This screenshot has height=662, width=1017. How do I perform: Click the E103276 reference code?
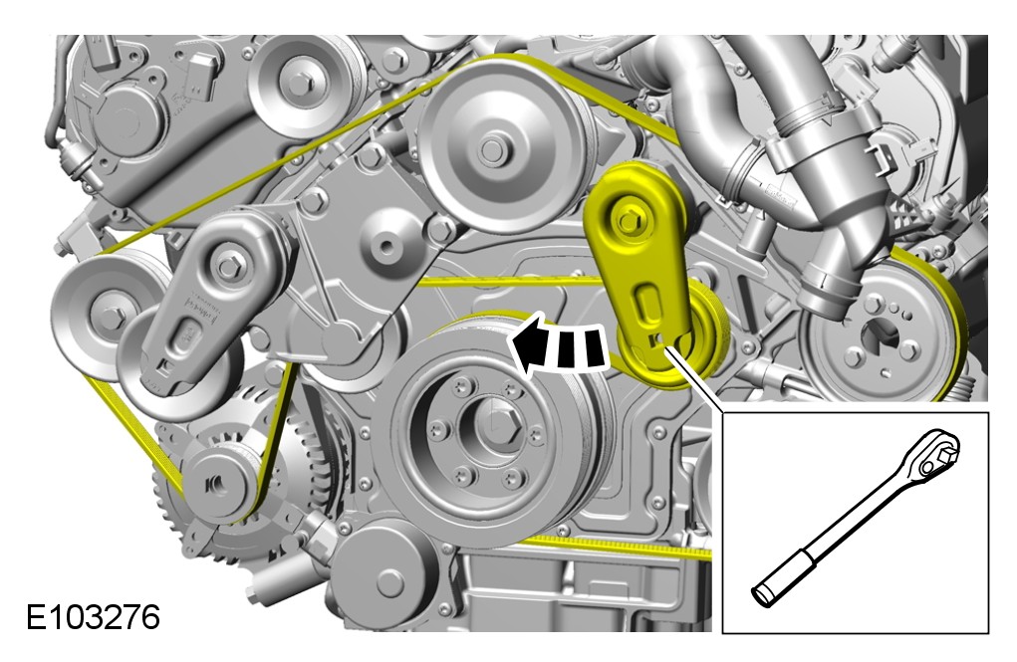93,617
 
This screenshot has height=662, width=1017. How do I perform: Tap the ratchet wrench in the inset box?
855,518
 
